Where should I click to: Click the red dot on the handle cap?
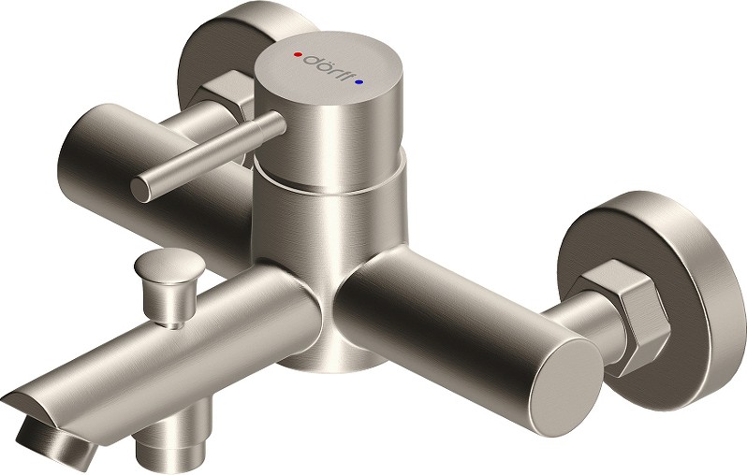[x=298, y=55]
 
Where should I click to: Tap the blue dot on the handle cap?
[x=359, y=82]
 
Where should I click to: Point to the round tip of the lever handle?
[x=141, y=189]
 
